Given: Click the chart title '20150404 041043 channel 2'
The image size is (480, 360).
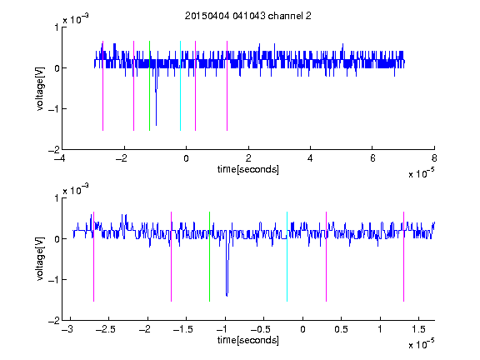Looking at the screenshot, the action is [x=248, y=16].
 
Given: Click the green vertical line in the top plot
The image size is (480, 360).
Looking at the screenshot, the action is [x=149, y=86].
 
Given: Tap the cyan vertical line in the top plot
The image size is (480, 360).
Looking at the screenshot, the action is [x=180, y=86].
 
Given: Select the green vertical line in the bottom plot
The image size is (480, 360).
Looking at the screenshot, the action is [x=209, y=257].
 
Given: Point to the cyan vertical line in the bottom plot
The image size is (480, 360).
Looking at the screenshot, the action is [x=287, y=257].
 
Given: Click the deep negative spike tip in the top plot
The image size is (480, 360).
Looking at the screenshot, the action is [x=156, y=125].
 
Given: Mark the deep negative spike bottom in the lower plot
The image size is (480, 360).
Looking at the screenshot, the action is [x=227, y=296].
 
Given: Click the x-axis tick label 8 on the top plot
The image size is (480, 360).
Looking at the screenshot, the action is [x=434, y=158].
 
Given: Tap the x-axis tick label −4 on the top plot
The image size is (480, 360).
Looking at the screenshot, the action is [x=60, y=158].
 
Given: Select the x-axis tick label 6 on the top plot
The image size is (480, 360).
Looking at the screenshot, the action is [x=372, y=158].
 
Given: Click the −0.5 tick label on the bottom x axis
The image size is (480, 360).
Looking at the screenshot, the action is [x=261, y=329].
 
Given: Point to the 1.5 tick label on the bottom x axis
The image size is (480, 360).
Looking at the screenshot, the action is [x=418, y=329].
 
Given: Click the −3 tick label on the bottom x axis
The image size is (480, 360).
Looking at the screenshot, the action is [x=67, y=329].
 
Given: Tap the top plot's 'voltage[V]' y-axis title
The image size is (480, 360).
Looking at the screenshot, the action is [x=40, y=89].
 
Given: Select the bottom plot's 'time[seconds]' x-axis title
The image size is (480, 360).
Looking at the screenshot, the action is [x=248, y=340].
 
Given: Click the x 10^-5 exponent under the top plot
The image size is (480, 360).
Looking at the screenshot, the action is [x=421, y=173].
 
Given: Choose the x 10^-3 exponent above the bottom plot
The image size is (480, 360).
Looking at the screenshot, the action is [x=76, y=190].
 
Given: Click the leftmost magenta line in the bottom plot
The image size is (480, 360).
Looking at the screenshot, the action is [x=93, y=257].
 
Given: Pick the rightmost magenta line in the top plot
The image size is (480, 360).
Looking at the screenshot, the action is [x=227, y=86].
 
